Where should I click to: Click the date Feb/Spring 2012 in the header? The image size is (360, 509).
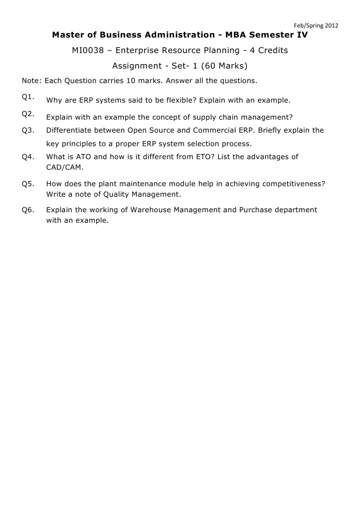click(x=315, y=26)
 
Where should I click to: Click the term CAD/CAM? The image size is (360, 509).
click(x=65, y=167)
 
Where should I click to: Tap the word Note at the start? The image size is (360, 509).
click(x=31, y=80)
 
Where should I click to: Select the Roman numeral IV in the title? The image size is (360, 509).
click(x=302, y=35)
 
